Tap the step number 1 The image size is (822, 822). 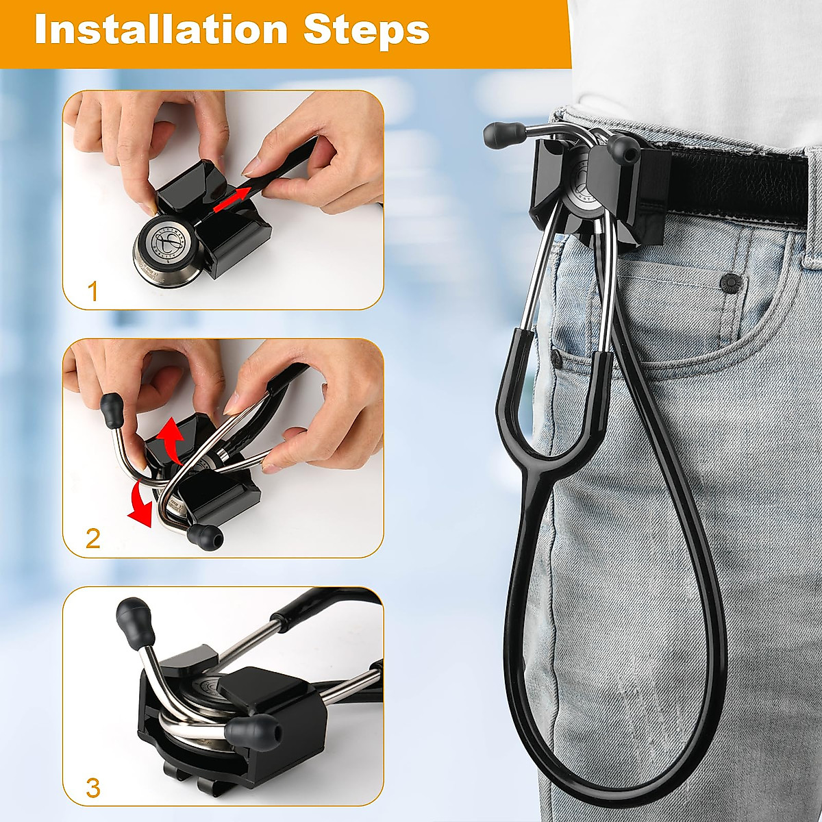pyautogui.click(x=93, y=292)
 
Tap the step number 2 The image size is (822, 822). pyautogui.click(x=93, y=538)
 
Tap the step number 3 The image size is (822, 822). pyautogui.click(x=93, y=788)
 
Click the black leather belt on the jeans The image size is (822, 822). pyautogui.click(x=740, y=182)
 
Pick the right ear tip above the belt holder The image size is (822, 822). pyautogui.click(x=621, y=146)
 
